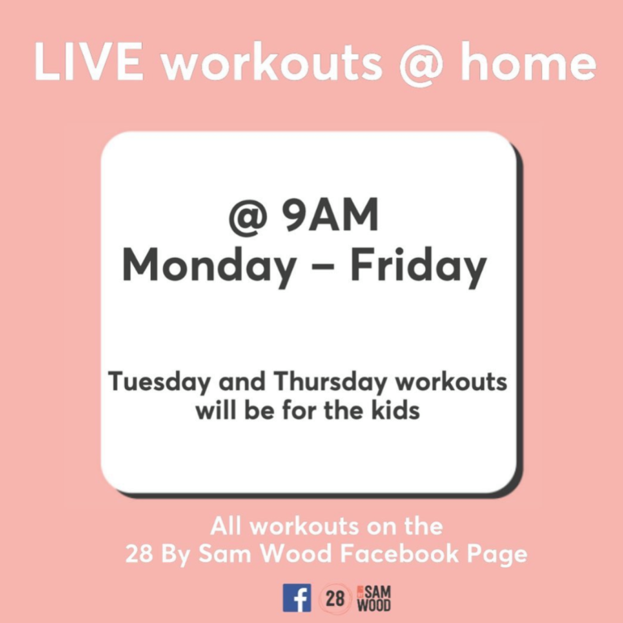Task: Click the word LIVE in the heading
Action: tap(88, 61)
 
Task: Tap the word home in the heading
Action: tap(528, 61)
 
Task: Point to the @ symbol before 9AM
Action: tap(247, 218)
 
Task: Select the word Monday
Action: tap(209, 266)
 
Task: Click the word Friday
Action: tap(419, 266)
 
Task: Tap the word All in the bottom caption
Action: tap(226, 526)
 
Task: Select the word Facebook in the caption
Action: tap(400, 553)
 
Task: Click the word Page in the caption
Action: tap(497, 555)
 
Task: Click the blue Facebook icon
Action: tap(297, 598)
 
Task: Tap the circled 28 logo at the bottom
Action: tap(335, 598)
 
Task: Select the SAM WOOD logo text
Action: tap(374, 598)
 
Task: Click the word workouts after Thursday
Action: tap(451, 381)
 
